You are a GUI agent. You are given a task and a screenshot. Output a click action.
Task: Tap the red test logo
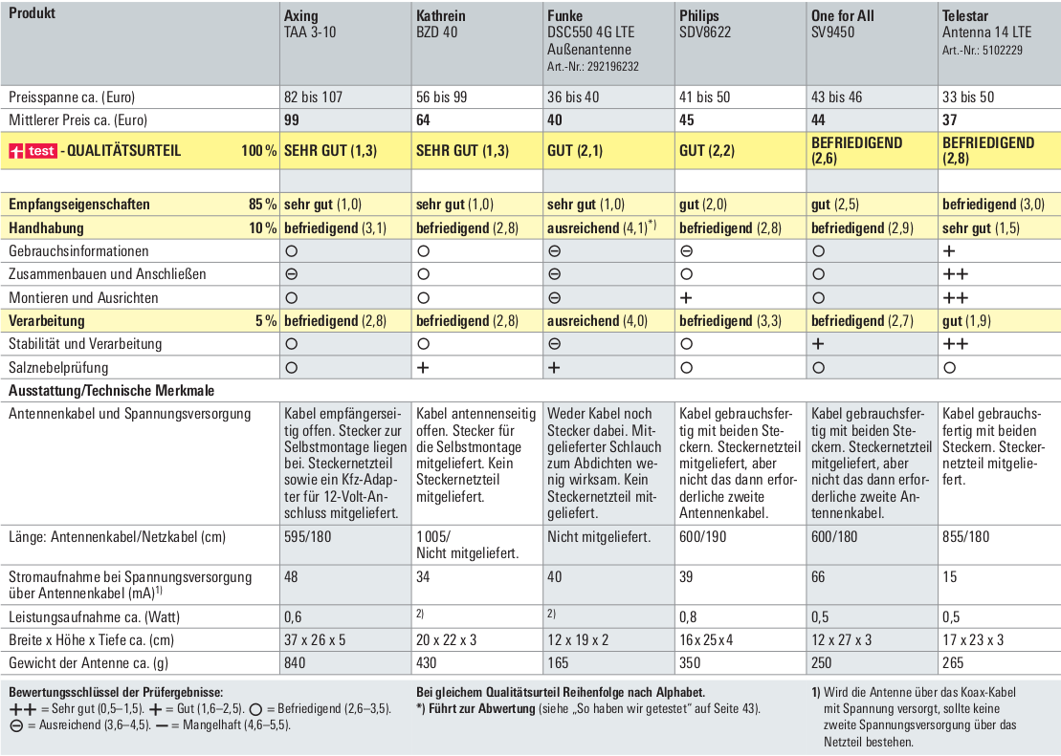33,151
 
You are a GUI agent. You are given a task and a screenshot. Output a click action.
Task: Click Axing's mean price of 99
293,120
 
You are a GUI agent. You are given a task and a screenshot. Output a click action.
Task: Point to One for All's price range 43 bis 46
837,97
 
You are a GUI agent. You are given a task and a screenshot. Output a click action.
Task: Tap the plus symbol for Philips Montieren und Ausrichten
686,297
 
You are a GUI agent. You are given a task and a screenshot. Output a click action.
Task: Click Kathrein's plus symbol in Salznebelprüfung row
423,368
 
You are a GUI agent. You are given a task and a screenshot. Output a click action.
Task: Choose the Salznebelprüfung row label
58,368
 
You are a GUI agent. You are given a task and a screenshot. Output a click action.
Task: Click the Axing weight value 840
295,662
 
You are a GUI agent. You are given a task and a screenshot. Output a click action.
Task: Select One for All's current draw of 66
818,577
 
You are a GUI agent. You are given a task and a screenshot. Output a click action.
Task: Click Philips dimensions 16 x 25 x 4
706,639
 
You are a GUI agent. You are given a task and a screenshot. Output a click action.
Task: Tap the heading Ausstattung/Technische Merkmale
112,391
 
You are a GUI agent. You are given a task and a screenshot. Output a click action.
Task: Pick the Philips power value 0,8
689,616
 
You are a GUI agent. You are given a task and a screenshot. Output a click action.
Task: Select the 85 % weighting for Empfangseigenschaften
262,205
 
